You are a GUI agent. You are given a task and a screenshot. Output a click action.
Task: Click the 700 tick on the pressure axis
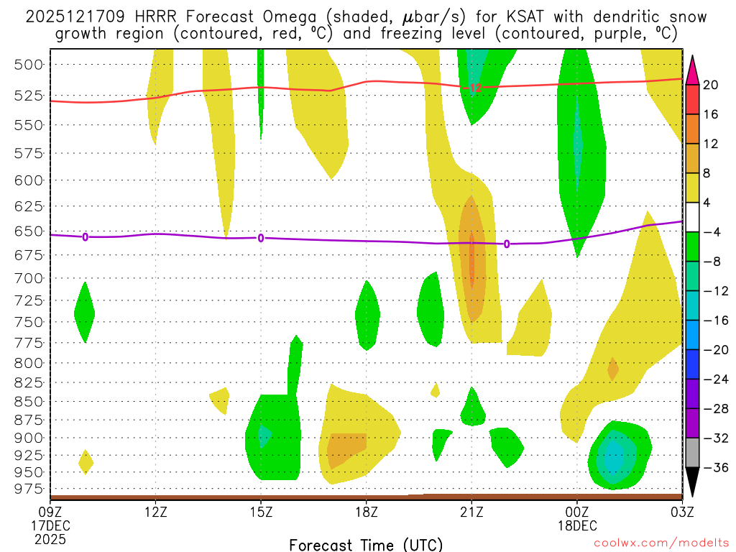pos(28,277)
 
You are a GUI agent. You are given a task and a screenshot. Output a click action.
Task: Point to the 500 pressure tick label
pos(28,64)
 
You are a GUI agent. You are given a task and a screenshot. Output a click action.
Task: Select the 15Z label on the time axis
pos(261,512)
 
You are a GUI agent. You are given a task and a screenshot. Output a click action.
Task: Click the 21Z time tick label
pos(471,512)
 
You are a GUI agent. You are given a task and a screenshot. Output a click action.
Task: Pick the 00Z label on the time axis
pos(577,512)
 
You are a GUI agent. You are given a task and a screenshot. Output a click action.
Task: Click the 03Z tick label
pos(682,512)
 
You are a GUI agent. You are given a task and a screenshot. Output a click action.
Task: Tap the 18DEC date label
pos(577,525)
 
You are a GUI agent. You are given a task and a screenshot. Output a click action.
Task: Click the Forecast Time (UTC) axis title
pos(366,544)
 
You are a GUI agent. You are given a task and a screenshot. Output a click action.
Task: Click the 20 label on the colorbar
pos(712,85)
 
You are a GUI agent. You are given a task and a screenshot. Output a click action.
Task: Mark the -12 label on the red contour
pos(474,88)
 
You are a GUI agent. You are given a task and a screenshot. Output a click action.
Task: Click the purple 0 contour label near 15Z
pos(261,238)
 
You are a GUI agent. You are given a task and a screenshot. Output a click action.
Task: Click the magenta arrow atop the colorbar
pos(693,69)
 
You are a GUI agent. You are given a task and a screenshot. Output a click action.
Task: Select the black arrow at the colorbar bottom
pos(693,482)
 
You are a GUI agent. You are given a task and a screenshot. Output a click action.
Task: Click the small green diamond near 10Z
pos(85,313)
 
